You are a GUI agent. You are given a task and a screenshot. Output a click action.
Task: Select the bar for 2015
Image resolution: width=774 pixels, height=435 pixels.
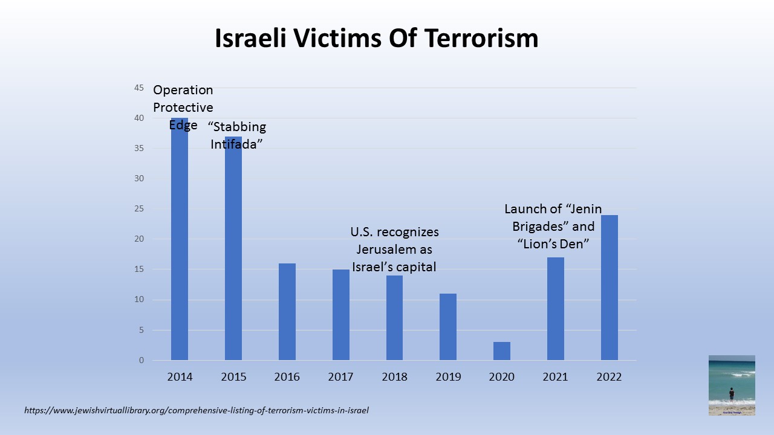tap(233, 254)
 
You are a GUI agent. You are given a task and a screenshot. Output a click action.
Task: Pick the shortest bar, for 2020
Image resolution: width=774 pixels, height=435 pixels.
tap(502, 351)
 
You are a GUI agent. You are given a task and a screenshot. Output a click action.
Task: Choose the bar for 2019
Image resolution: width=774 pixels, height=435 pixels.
tap(448, 327)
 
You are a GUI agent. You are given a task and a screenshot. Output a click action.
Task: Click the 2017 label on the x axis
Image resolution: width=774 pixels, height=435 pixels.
tap(341, 377)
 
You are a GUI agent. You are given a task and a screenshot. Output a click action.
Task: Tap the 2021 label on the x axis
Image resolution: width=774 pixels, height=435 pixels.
tap(556, 377)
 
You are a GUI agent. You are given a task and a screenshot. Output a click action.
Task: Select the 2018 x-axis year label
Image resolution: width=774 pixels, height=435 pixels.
tap(395, 377)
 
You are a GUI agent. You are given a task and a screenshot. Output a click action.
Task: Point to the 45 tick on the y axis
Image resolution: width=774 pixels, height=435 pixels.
tap(139, 88)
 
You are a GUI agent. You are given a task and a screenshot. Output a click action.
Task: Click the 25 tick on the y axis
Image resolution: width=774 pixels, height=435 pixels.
tap(139, 209)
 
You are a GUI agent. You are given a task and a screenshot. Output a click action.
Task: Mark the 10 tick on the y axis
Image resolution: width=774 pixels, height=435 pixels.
tap(139, 300)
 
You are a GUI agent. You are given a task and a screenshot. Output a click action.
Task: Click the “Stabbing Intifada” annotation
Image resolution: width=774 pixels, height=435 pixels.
tap(238, 135)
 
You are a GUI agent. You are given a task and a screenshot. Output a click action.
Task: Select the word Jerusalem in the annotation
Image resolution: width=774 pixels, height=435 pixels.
tap(394, 250)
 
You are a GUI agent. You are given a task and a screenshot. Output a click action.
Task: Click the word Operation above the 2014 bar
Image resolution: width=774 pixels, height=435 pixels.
tap(183, 90)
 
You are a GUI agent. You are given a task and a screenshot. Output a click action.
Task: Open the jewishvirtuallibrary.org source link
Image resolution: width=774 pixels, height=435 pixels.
tap(197, 410)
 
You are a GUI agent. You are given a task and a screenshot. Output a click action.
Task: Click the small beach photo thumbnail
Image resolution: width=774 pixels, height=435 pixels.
tap(732, 385)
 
